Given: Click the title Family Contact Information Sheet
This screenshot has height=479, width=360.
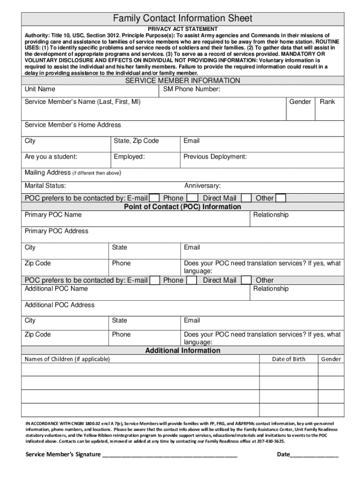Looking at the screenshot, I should (x=183, y=19).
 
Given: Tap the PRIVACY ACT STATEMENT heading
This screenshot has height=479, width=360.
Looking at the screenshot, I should (x=183, y=29).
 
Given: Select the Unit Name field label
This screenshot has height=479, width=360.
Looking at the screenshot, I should (x=40, y=89).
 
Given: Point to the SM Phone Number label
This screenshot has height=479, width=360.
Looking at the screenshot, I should (x=192, y=89).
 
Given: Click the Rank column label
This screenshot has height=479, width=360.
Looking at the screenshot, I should (x=327, y=102).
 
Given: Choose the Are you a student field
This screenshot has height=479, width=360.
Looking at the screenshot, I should (x=51, y=157).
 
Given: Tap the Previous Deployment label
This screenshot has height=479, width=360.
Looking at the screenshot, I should (x=215, y=157).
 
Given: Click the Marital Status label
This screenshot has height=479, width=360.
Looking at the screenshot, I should (x=45, y=186).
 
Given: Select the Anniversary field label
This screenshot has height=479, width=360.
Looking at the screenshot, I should (x=202, y=186).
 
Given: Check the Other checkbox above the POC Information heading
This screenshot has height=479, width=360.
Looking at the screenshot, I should (x=281, y=198).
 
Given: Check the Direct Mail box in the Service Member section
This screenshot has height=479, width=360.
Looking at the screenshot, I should (x=246, y=198).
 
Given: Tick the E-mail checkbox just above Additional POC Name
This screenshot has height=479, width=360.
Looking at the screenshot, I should (x=155, y=281).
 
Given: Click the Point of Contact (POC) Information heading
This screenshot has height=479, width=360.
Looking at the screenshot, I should (x=182, y=207).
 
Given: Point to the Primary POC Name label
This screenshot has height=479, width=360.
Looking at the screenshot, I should (x=53, y=215).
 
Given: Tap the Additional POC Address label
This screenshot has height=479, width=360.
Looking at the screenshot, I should (x=59, y=305).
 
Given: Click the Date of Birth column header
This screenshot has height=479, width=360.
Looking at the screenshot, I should (x=288, y=359).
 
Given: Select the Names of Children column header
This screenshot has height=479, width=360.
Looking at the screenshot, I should (x=67, y=359).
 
